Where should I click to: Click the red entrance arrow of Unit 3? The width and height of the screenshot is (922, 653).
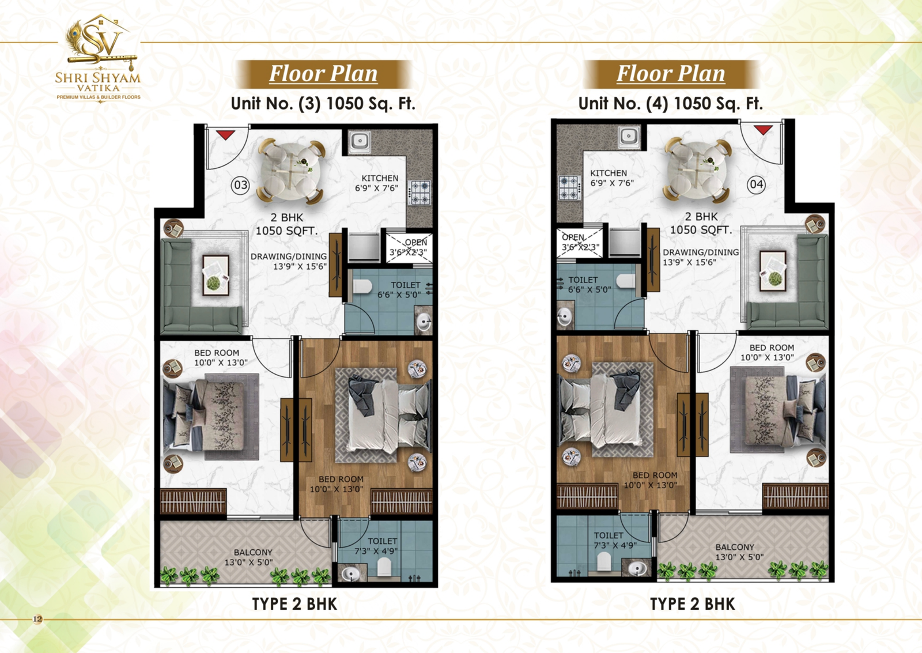[x=225, y=135]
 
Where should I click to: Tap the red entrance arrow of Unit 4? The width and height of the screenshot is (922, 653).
[x=763, y=130]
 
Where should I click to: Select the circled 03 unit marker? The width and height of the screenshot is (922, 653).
[x=240, y=185]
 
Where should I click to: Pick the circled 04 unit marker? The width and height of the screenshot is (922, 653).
[x=757, y=184]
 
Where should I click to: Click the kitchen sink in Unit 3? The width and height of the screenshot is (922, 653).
[x=360, y=142]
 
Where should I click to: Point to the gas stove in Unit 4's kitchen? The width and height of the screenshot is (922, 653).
[x=570, y=188]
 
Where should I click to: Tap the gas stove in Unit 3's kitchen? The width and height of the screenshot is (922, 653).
[x=420, y=192]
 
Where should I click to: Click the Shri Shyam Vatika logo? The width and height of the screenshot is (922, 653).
[x=98, y=58]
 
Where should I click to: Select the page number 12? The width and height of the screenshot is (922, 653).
[x=37, y=619]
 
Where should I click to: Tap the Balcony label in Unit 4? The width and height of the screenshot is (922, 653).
[x=739, y=552]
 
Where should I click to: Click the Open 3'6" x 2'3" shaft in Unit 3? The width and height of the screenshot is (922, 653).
[x=409, y=247]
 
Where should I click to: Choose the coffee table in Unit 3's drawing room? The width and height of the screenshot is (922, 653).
[x=216, y=275]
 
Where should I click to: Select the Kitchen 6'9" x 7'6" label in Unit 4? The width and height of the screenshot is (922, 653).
[x=611, y=178]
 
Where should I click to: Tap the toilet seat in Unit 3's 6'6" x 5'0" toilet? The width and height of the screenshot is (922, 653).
[x=362, y=286]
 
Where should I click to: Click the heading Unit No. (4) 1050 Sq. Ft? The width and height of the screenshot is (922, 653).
[x=671, y=103]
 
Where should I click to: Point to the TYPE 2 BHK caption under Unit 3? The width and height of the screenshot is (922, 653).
[x=294, y=604]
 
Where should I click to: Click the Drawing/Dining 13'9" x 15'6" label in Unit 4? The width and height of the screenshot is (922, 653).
[x=701, y=257]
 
